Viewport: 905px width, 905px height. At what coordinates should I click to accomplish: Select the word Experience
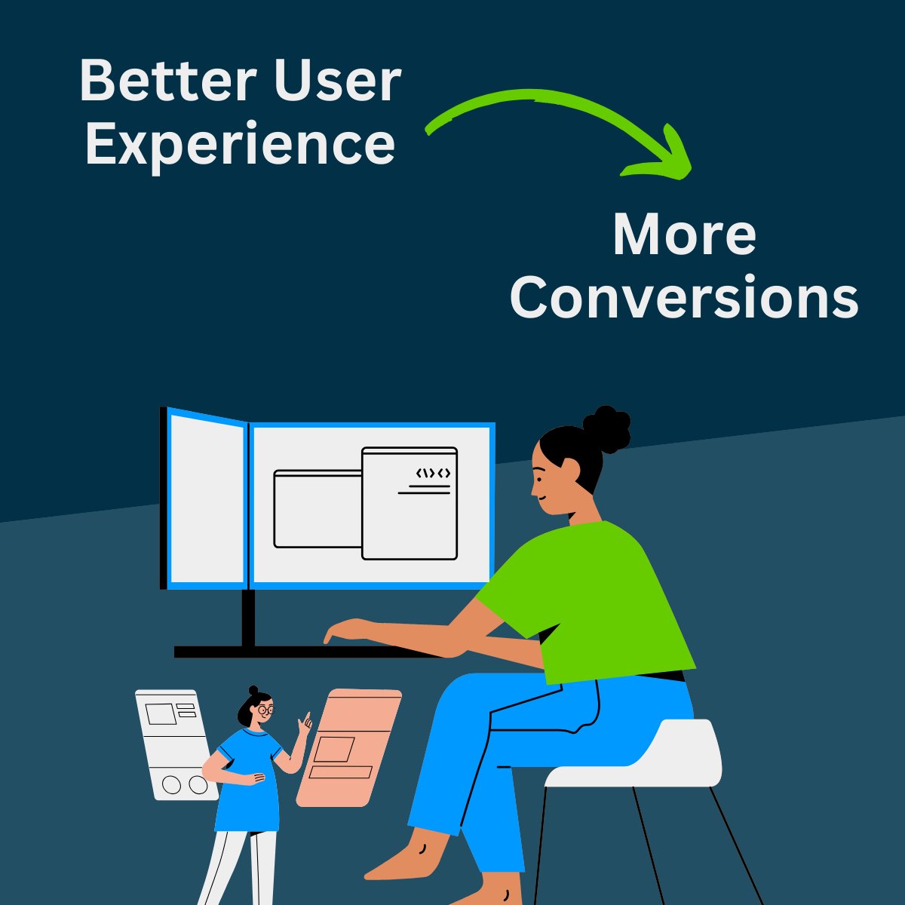click(x=240, y=145)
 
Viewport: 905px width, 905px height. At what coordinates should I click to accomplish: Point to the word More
click(x=684, y=235)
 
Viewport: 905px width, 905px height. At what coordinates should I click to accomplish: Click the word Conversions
click(x=684, y=298)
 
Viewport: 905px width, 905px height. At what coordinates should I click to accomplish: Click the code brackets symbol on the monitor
click(x=433, y=474)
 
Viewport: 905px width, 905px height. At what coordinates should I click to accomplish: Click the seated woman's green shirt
click(x=596, y=596)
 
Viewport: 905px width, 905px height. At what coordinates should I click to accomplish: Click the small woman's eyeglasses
click(x=265, y=710)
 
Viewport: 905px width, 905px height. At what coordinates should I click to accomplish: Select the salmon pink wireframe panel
click(x=348, y=747)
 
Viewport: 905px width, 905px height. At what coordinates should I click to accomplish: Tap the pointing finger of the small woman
click(x=306, y=719)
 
